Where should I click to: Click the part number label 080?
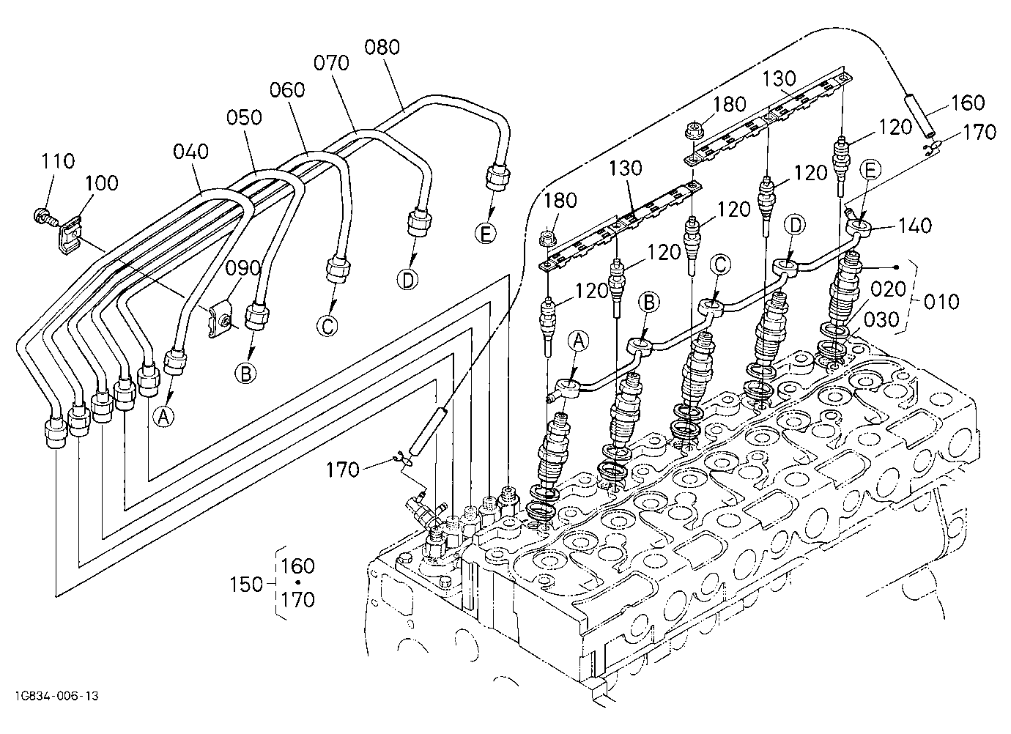click(382, 48)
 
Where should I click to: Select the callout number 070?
click(331, 63)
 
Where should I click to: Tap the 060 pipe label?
click(287, 90)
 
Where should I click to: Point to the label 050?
click(244, 117)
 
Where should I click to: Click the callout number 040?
click(190, 152)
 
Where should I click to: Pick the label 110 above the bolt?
click(58, 161)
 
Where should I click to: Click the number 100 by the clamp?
click(101, 183)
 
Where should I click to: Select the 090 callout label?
click(243, 269)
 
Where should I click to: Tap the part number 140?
click(914, 226)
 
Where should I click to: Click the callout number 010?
click(941, 302)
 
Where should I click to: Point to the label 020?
click(888, 289)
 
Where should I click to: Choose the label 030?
click(881, 320)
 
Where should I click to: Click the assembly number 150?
click(246, 585)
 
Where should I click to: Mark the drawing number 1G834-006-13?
click(56, 696)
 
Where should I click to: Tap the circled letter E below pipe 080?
click(486, 234)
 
